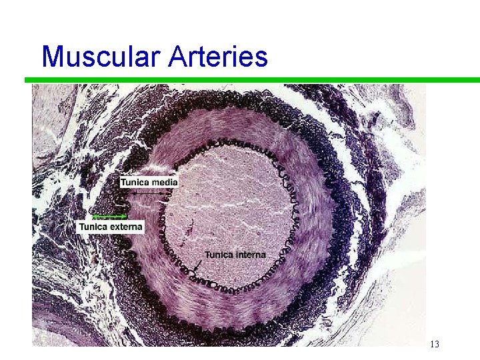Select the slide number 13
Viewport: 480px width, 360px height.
[434, 345]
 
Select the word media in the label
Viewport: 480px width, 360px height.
[165, 181]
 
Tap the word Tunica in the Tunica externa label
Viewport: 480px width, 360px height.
[94, 227]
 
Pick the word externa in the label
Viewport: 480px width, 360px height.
[126, 227]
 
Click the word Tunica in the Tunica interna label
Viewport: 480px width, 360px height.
[219, 254]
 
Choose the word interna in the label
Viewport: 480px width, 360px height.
[250, 254]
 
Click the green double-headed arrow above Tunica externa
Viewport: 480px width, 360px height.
[110, 217]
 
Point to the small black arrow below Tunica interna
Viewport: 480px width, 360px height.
[197, 266]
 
